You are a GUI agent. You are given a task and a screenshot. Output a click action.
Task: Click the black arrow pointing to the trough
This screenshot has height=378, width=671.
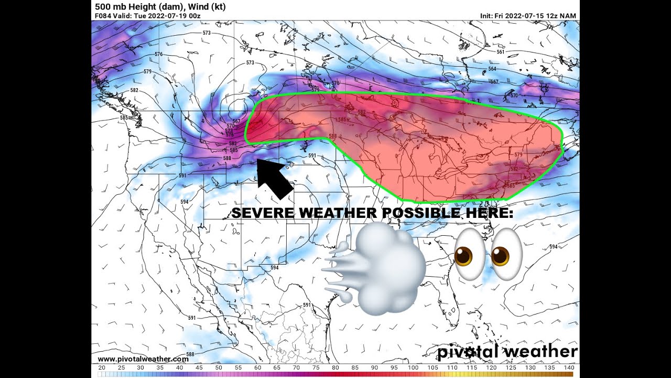point(275,178)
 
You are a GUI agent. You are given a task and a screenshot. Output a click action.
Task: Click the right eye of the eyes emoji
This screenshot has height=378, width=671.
point(504,254)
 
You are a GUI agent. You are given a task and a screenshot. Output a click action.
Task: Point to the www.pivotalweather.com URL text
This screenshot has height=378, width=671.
point(143,359)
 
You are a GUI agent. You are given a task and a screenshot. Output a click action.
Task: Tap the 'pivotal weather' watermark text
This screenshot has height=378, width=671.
point(507,351)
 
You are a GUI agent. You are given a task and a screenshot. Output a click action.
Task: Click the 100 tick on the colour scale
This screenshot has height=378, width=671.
point(413,367)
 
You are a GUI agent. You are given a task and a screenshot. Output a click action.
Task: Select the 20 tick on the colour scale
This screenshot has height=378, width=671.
point(102,367)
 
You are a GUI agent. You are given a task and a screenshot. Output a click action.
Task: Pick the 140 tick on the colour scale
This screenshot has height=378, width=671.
point(568,367)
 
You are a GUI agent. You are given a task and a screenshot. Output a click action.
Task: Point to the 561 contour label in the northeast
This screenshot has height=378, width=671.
point(500,51)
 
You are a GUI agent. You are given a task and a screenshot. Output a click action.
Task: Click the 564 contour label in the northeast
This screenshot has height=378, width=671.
point(492,69)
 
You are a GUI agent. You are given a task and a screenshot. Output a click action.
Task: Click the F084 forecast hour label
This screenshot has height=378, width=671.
point(103,16)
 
